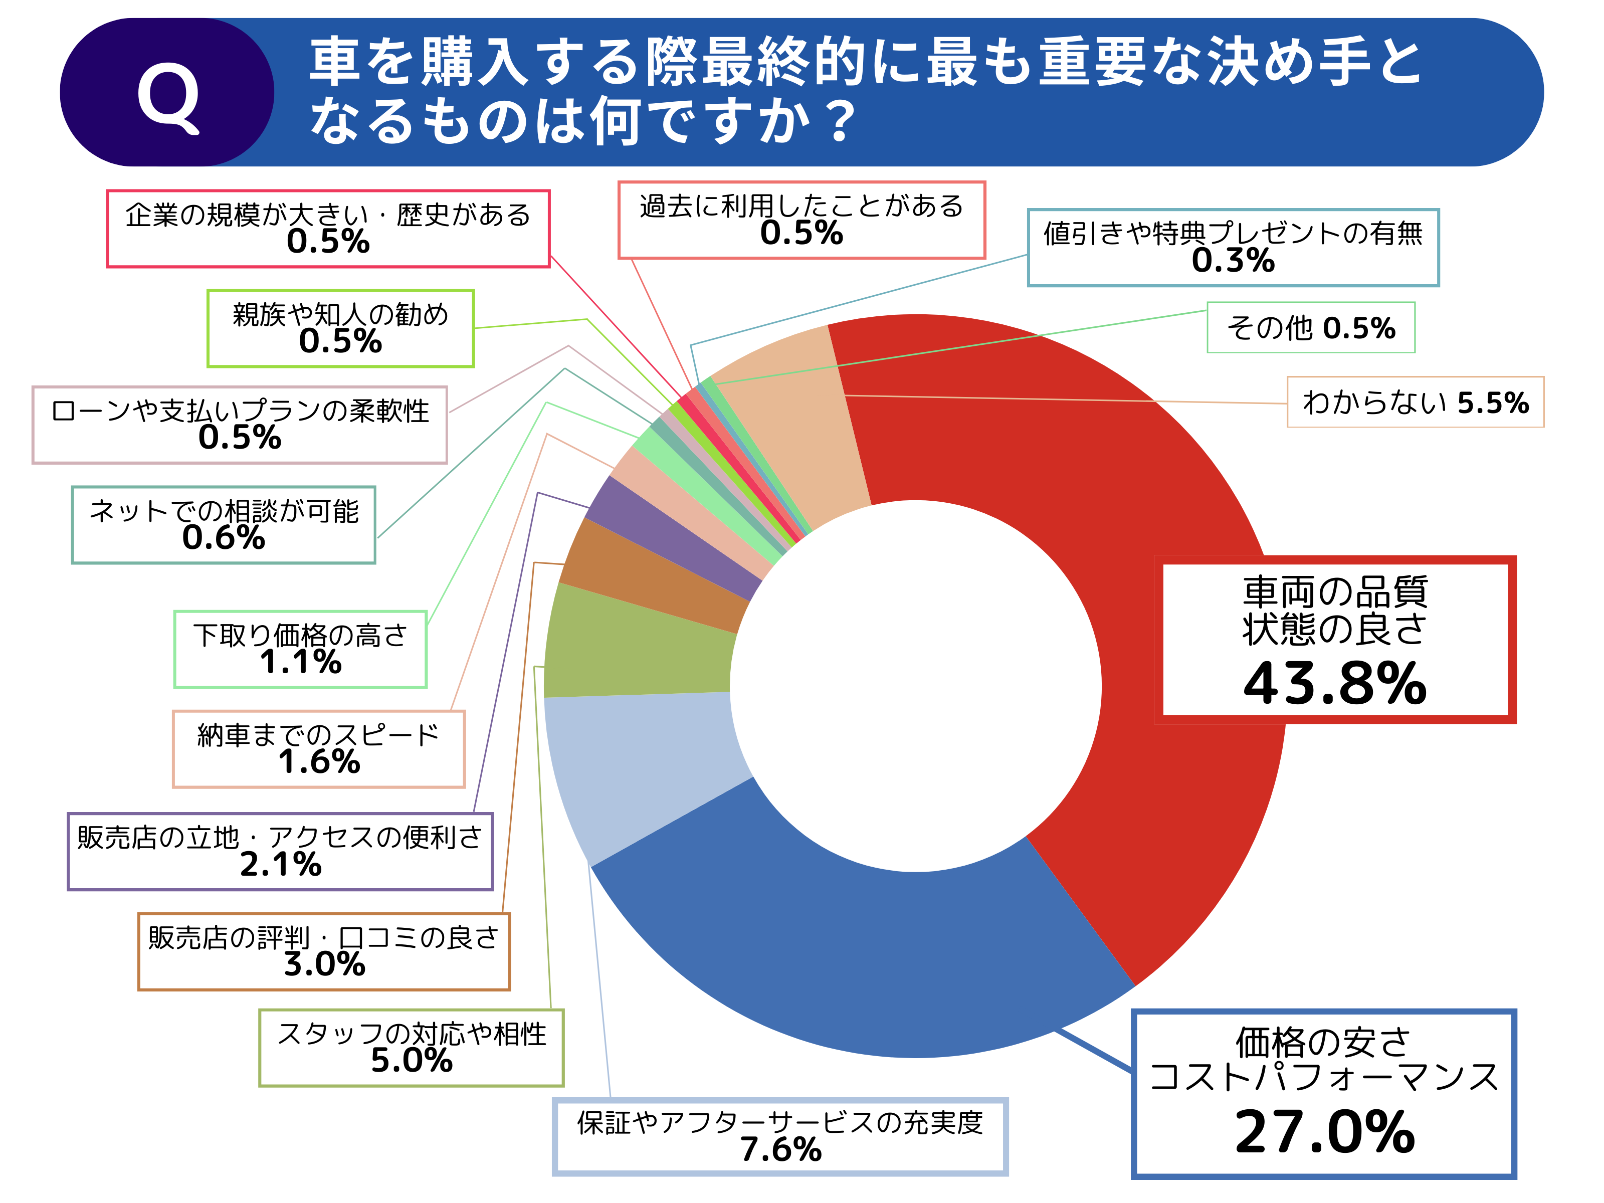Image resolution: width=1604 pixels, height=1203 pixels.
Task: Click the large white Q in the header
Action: pos(168,96)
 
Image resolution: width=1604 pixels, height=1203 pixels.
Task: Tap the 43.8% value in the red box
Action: pos(1334,683)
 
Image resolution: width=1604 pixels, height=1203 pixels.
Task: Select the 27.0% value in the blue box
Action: pos(1324,1132)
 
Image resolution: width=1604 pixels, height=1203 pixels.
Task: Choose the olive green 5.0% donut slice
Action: pos(638,646)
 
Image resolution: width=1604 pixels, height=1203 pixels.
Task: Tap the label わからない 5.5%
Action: pos(1415,403)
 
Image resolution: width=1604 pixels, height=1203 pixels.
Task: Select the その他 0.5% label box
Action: pos(1310,328)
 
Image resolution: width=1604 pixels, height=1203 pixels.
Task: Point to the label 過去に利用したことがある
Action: pos(801,206)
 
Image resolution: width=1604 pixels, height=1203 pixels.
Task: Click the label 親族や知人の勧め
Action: pos(340,314)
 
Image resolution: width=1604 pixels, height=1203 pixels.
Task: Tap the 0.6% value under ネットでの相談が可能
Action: pos(224,538)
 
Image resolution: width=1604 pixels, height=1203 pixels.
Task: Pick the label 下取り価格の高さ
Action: pos(300,635)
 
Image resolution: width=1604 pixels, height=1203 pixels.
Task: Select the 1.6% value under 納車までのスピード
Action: pos(319,762)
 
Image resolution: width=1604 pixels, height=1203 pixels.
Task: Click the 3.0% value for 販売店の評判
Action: pos(324,964)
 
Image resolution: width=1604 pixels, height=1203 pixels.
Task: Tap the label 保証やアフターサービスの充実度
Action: pos(780,1122)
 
